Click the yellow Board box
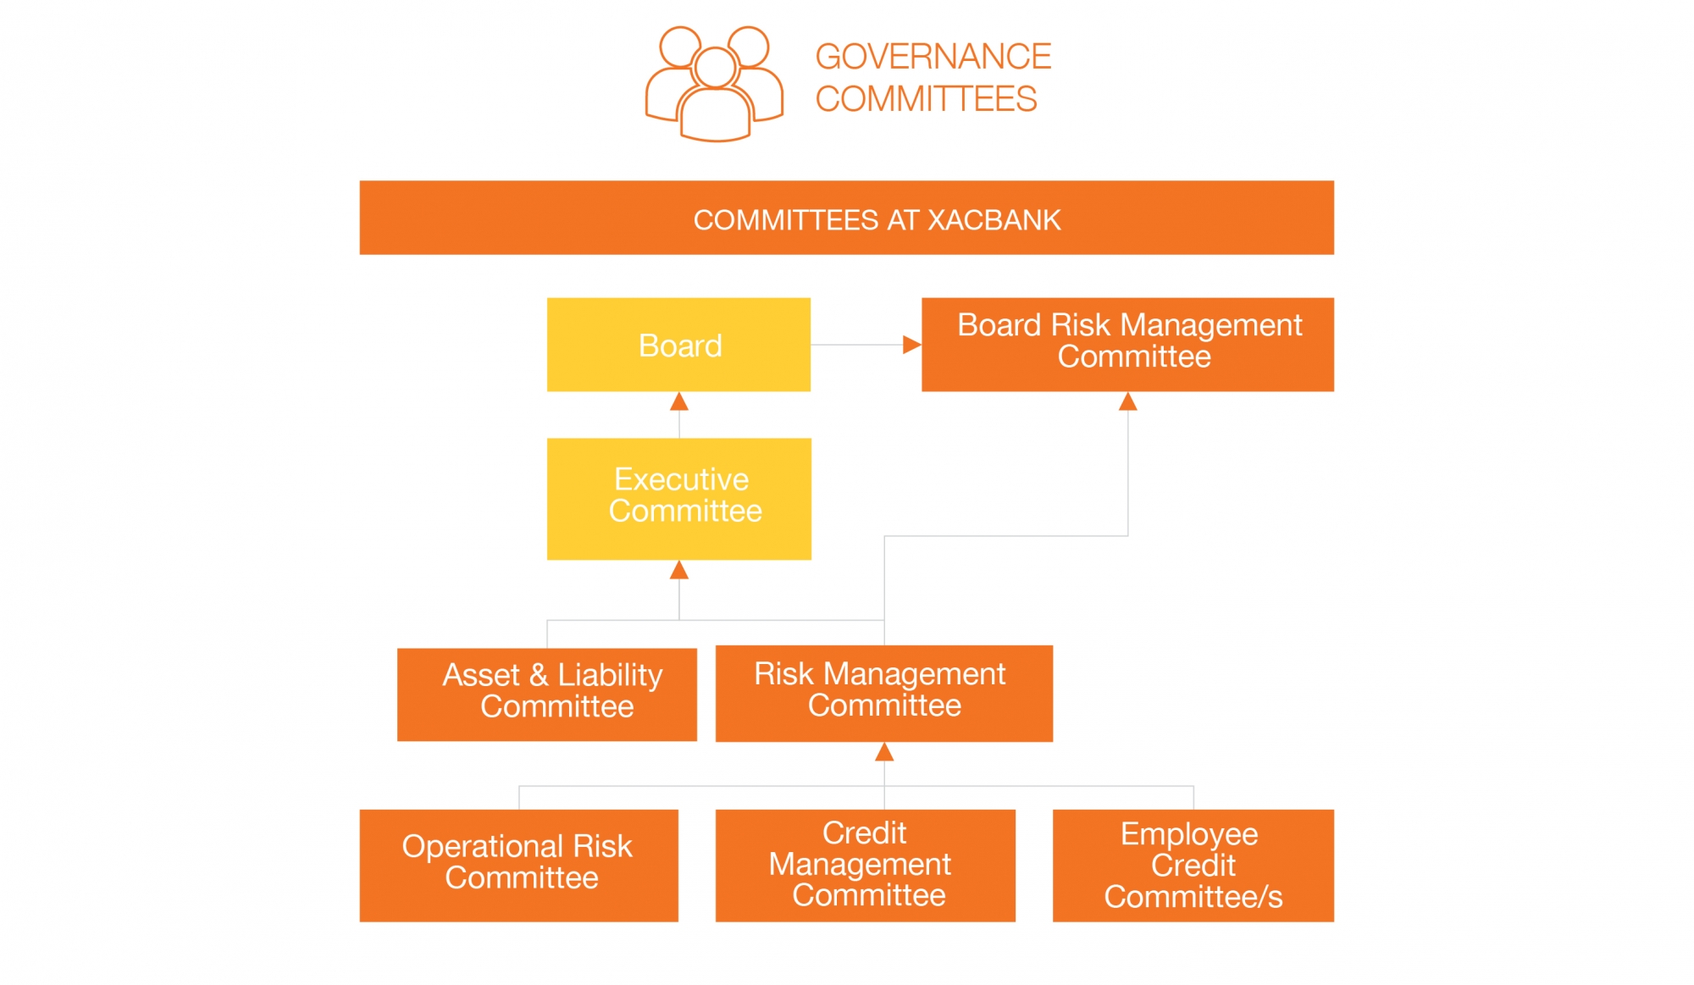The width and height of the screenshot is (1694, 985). coord(678,345)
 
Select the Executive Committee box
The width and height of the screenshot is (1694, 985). coord(678,498)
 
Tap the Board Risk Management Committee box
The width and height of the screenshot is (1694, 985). coord(1127,344)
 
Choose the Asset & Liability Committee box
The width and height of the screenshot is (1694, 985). coord(547,694)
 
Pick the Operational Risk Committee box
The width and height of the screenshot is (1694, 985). coord(518,865)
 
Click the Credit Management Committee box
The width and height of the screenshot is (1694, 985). coord(865,865)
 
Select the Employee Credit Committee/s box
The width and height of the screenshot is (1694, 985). coord(1193,865)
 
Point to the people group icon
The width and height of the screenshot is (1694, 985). coord(714,83)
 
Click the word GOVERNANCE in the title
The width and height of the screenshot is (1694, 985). coord(933,57)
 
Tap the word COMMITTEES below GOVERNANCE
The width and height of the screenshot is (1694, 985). coord(926,99)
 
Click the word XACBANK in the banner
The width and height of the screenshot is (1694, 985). coord(994,220)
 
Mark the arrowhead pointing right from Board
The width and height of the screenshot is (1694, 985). coord(911,345)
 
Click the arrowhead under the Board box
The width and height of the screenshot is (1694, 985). coord(678,401)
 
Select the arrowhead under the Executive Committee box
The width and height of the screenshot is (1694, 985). coord(678,570)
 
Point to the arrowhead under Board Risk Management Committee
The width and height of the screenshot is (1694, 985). coord(1127,401)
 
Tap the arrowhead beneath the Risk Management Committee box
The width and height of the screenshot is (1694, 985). coord(884,751)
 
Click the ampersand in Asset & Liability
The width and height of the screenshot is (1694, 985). coord(539,675)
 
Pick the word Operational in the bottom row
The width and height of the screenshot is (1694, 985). coord(482,846)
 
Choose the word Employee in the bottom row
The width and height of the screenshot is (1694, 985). coord(1189,834)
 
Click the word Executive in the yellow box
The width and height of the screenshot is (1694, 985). coord(681,479)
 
